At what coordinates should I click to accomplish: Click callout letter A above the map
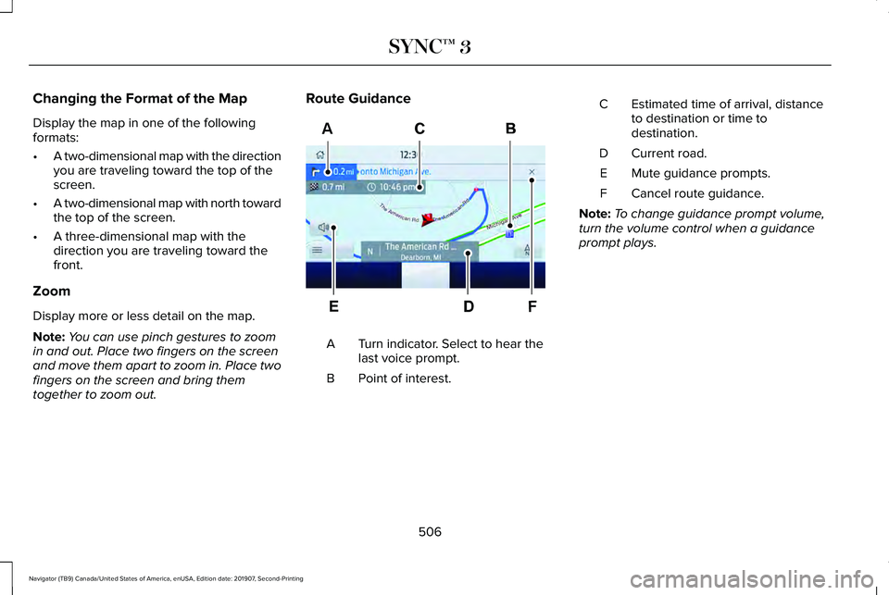(327, 130)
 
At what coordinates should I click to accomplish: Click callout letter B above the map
(510, 130)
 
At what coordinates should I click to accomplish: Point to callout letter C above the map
(419, 130)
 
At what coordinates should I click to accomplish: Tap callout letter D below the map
(469, 304)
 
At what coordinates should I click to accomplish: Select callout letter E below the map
(332, 304)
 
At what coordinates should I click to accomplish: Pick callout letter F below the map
(532, 304)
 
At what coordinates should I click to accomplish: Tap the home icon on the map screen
(319, 155)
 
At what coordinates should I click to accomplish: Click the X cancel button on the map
(532, 172)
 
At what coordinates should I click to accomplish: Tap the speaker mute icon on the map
(322, 227)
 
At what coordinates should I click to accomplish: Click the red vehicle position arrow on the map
(428, 221)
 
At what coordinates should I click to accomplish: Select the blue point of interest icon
(509, 235)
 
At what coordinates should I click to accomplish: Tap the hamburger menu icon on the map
(318, 250)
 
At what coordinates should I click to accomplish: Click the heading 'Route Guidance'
(358, 97)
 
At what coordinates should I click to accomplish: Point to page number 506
(429, 531)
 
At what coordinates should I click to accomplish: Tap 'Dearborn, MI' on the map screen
(419, 258)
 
